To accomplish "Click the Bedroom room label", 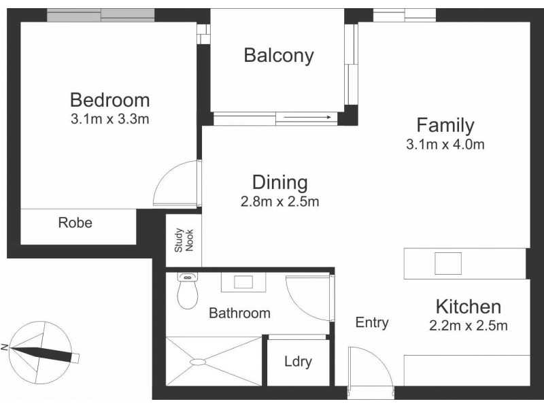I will click(109, 100).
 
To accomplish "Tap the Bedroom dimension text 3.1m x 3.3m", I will click(109, 120).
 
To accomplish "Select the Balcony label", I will click(279, 55).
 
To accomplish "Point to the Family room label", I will click(445, 125).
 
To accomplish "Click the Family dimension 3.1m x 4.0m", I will click(445, 144).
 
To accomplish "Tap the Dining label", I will click(279, 182).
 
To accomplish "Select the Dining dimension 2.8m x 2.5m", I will click(279, 201).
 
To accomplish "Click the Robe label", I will click(75, 222).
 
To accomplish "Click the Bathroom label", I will click(239, 313).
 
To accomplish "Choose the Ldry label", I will click(298, 361).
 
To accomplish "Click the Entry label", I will click(372, 322).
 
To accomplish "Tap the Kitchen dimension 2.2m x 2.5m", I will click(469, 326).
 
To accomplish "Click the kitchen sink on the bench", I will click(448, 262).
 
